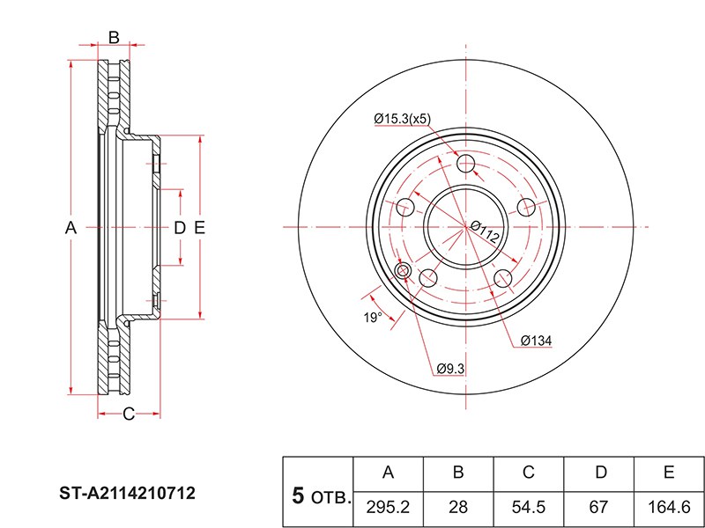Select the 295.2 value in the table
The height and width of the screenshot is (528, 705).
pos(388,508)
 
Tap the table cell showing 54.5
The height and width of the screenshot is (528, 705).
pos(529,508)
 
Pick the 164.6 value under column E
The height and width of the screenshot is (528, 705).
pos(669,508)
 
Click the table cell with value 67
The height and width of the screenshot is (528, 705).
pos(599,508)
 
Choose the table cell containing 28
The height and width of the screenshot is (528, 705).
pos(458,508)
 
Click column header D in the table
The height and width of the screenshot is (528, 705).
pos(599,473)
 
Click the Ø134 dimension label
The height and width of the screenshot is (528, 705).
pos(536,341)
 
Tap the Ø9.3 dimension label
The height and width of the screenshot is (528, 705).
pos(450,369)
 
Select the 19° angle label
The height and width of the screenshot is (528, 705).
pos(373,317)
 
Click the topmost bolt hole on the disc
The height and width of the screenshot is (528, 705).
pos(466,163)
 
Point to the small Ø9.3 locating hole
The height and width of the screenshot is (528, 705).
pos(404,270)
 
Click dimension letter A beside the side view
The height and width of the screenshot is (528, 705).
pos(71,228)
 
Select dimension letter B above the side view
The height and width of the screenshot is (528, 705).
pos(114,37)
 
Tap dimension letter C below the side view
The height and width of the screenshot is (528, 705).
pos(128,414)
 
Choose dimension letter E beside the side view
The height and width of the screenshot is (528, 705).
pos(199,228)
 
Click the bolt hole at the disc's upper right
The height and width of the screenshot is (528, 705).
pos(526,207)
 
